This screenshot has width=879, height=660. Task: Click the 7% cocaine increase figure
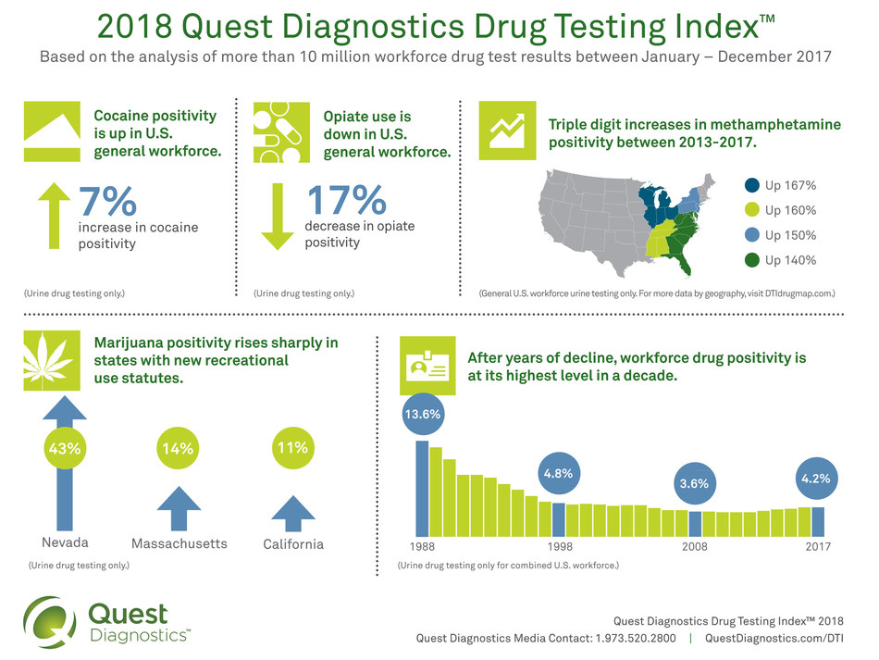coord(107,202)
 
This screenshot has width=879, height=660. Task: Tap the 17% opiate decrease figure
coord(345,202)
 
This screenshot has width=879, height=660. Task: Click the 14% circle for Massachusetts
coord(178,449)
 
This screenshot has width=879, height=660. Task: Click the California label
coord(293,544)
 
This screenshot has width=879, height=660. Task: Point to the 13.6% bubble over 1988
coord(421,416)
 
